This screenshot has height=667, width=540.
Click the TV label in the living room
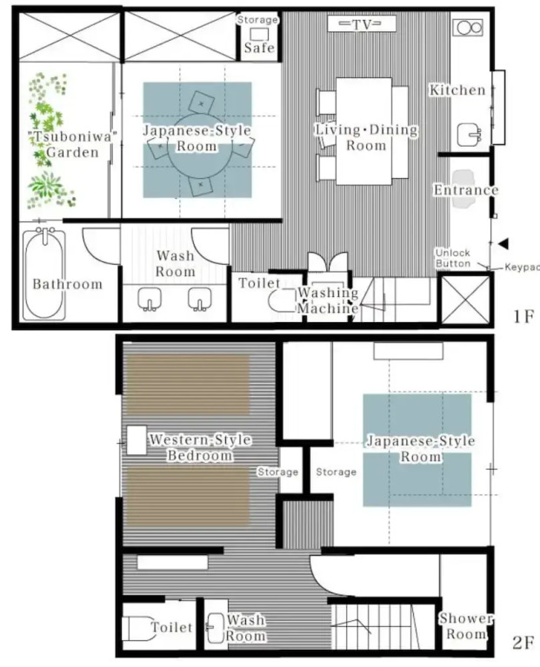(362, 24)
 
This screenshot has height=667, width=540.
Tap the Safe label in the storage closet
(259, 47)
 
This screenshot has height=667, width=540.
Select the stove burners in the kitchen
(468, 28)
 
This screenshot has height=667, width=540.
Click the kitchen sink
(470, 135)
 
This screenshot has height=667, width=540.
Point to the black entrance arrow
(503, 244)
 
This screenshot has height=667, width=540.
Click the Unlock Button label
(453, 258)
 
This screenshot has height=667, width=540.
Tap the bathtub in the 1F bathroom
(44, 274)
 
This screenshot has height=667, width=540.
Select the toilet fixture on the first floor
(282, 301)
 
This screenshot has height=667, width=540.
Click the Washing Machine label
(328, 300)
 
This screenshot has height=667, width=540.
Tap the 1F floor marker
(523, 316)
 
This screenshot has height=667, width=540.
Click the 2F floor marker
(523, 643)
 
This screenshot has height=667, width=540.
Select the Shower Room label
(466, 625)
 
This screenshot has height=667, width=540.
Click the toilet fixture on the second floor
(139, 628)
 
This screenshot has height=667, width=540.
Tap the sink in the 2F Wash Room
(216, 628)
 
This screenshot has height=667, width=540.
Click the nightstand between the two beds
(137, 439)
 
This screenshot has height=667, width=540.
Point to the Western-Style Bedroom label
(200, 447)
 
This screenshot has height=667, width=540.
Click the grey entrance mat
(463, 189)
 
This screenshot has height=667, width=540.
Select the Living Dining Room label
(366, 137)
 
